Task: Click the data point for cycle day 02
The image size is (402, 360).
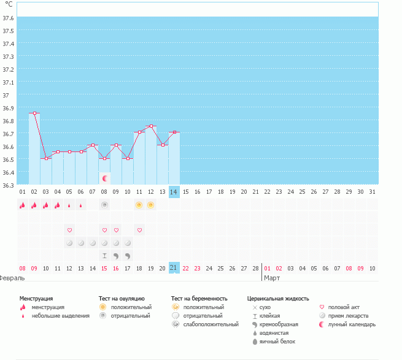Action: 34,113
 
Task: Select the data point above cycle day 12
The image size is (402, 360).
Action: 151,126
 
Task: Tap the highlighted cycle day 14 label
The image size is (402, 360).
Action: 174,192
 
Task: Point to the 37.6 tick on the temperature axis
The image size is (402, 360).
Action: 8,18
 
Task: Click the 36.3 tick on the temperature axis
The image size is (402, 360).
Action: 8,185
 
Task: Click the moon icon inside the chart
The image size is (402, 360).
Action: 104,178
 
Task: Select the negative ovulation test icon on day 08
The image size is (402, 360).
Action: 104,205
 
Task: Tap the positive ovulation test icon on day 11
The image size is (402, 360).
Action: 139,205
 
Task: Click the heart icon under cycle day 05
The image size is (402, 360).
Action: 69,230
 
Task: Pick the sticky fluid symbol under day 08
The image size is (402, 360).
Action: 104,256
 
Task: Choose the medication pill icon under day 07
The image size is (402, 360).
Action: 93,243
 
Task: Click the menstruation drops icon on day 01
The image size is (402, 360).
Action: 23,205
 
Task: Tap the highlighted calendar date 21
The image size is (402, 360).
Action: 174,268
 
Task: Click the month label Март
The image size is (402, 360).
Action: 272,278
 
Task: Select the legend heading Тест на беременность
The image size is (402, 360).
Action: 199,299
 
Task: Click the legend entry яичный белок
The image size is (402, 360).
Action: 277,342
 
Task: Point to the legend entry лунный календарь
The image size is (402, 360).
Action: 352,324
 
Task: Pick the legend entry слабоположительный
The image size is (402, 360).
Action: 211,324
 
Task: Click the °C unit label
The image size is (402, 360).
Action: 9,4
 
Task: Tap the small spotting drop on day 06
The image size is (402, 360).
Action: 81,205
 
